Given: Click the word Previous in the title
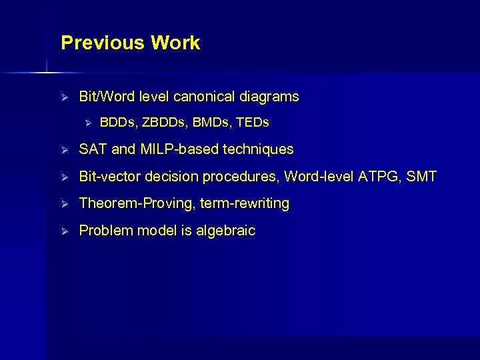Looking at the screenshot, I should click(103, 43).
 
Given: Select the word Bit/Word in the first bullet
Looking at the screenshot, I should click(107, 97).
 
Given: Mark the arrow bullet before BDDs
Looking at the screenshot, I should click(86, 123).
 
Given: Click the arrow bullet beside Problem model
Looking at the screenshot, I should click(65, 231).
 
